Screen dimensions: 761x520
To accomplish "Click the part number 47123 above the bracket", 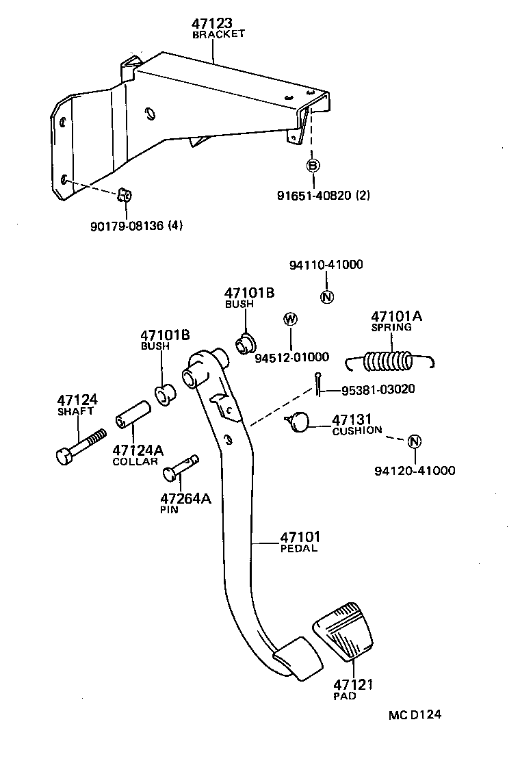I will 213,24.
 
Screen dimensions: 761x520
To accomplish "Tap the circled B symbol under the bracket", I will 313,165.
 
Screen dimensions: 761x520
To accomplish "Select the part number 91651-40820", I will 315,196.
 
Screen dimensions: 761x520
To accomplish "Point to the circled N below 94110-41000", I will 326,297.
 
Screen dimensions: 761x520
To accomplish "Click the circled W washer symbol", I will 290,319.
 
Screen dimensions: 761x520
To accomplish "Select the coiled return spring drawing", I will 389,361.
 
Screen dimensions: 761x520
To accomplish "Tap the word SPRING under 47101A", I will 391,327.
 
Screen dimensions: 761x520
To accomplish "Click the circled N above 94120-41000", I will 414,441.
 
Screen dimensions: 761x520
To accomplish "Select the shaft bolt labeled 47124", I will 80,446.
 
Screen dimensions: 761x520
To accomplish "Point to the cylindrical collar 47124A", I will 133,413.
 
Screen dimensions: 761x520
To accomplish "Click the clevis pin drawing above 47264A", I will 181,467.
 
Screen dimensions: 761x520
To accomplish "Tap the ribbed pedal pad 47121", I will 344,630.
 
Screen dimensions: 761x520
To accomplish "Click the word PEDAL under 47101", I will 299,548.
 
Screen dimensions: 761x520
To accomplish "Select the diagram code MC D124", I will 415,715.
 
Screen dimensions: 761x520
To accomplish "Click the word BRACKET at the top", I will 218,34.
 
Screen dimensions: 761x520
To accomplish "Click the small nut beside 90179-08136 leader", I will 124,194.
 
